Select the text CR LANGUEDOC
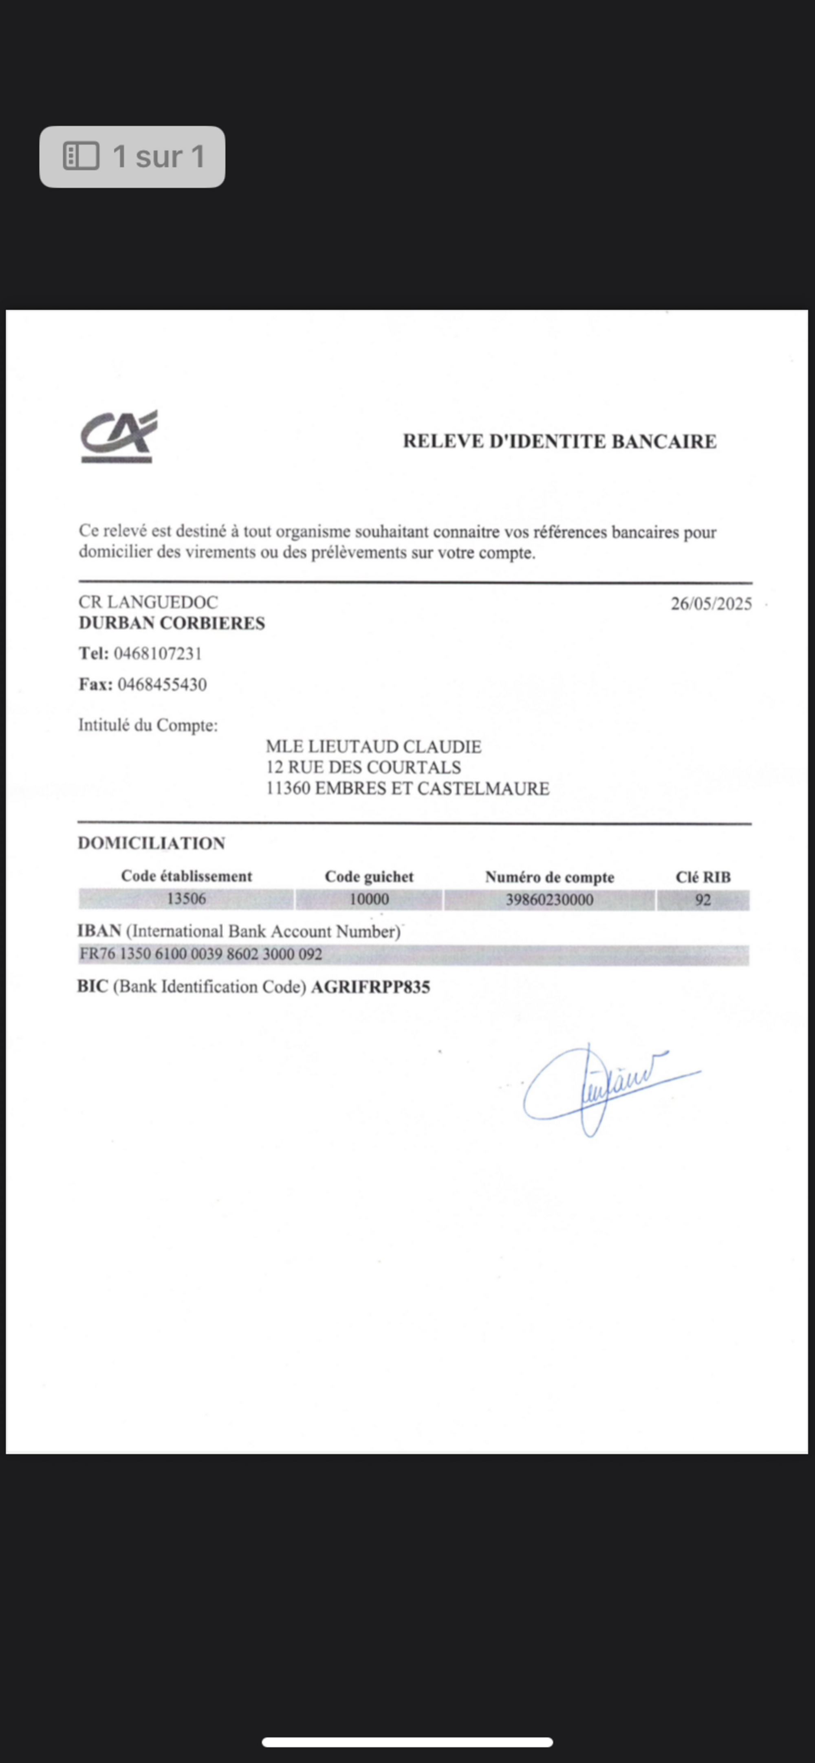(148, 602)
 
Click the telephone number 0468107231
(158, 654)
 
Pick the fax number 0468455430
(162, 685)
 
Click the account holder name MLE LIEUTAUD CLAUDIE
(373, 746)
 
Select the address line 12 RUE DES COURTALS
(363, 767)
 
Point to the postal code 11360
(288, 788)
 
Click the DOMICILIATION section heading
(151, 843)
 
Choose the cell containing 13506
(186, 899)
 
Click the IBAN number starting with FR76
(200, 954)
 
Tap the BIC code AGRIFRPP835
(370, 987)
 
